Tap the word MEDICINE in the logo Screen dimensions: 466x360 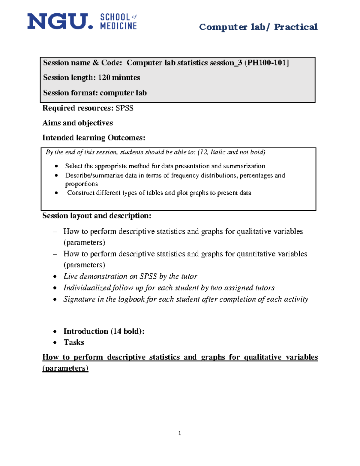click(118, 26)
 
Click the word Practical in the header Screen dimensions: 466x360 click(296, 27)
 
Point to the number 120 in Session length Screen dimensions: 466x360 click(104, 78)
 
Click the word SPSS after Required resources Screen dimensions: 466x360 click(124, 108)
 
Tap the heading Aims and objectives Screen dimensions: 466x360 click(77, 123)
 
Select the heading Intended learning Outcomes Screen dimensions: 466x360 click(94, 138)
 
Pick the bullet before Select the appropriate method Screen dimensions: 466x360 click(56, 166)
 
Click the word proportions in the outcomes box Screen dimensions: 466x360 click(82, 184)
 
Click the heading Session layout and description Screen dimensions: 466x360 click(97, 216)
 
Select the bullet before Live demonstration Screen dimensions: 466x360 click(55, 277)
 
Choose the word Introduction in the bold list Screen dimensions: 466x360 click(86, 331)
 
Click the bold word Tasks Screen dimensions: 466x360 click(74, 342)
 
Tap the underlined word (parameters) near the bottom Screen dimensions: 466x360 click(65, 368)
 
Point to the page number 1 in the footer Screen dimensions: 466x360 click(179, 433)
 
